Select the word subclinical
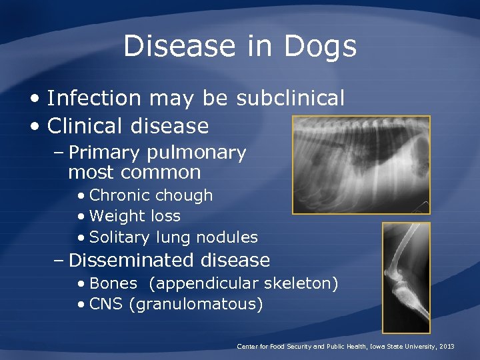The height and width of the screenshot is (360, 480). pyautogui.click(x=291, y=99)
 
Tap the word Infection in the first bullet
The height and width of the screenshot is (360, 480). pyautogui.click(x=95, y=99)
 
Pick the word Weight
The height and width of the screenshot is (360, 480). pyautogui.click(x=115, y=217)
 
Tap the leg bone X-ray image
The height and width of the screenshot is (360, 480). pyautogui.click(x=405, y=277)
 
